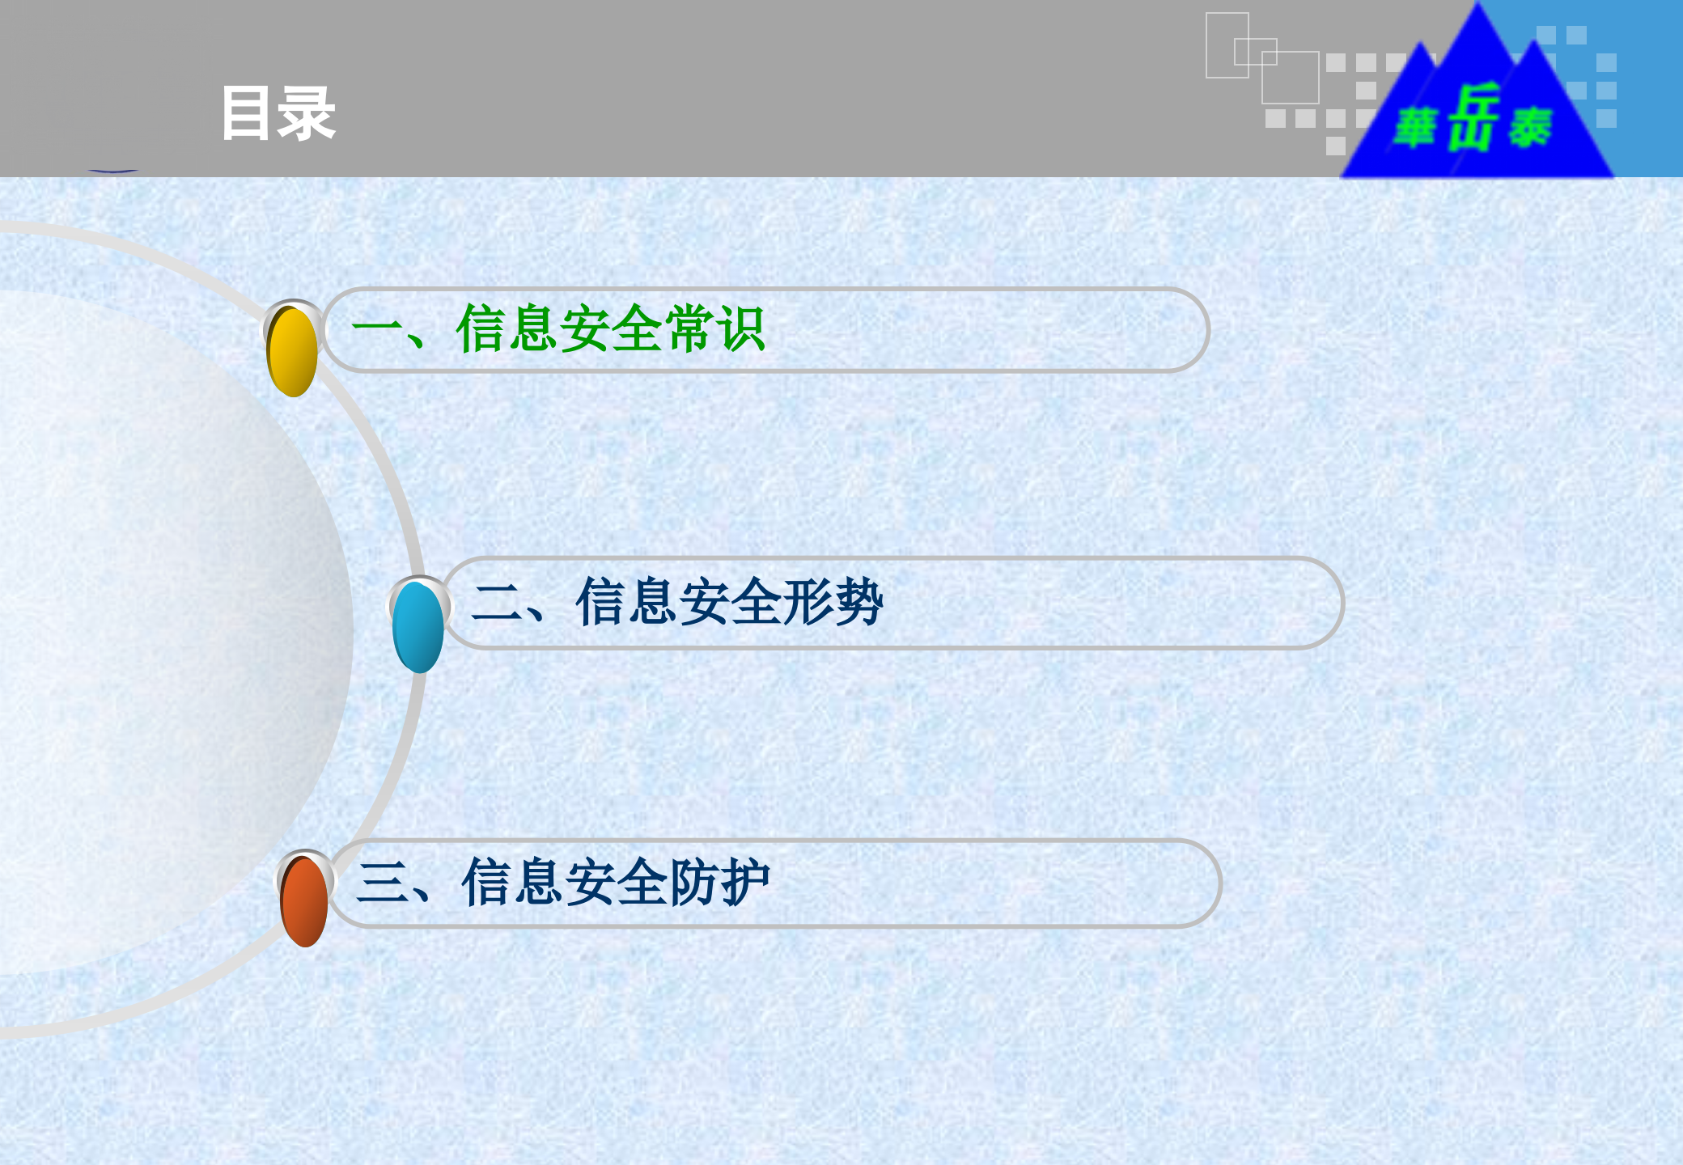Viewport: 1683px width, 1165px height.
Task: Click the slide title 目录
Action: (x=278, y=114)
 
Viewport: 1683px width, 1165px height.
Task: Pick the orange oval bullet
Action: (x=304, y=901)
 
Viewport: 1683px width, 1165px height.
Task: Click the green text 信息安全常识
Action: (x=610, y=329)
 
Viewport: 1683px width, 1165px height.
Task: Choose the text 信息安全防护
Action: (x=615, y=883)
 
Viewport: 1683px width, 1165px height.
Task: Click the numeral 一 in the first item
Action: (x=376, y=329)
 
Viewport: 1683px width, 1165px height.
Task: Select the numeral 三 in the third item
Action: (x=382, y=883)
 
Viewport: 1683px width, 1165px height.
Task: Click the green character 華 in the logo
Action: (x=1415, y=128)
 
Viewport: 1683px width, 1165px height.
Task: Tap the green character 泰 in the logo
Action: (x=1529, y=128)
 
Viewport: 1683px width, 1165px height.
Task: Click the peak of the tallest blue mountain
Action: (x=1478, y=6)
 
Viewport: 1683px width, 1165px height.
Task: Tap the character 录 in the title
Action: (x=306, y=114)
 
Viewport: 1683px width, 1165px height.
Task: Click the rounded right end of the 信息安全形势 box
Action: (x=1331, y=603)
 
